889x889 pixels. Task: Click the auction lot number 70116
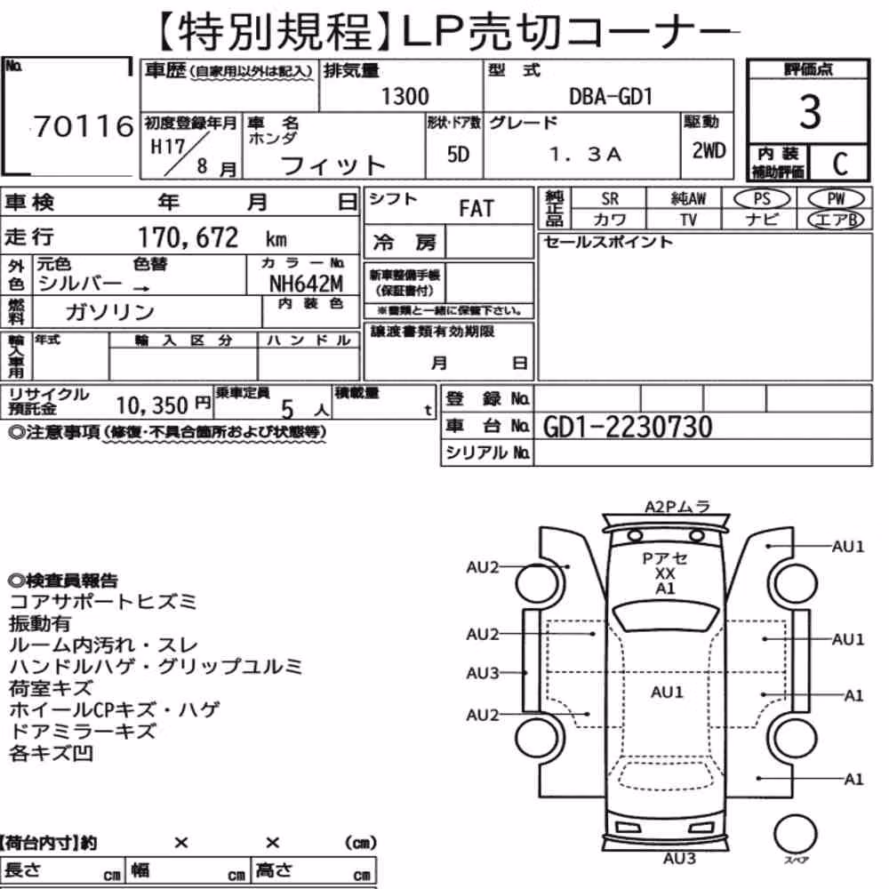(84, 126)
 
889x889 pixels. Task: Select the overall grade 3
(809, 112)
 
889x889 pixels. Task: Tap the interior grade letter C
(840, 164)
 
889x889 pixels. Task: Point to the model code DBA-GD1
(611, 97)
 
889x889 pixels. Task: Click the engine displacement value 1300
(404, 96)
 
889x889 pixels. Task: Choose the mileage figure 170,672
(188, 237)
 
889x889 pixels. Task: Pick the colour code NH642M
(306, 283)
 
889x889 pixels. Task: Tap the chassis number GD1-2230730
(628, 427)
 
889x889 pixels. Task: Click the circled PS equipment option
(762, 199)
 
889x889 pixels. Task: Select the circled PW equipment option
(836, 199)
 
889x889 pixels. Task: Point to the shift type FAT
(477, 209)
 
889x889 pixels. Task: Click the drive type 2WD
(709, 151)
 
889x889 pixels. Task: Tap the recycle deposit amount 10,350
(152, 405)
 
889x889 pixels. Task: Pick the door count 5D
(458, 154)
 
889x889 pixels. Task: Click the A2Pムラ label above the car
(677, 507)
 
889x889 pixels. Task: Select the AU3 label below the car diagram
(679, 859)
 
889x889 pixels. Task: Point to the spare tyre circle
(795, 835)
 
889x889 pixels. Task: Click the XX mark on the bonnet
(665, 573)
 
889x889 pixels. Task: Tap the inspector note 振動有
(40, 624)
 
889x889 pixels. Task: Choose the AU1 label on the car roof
(668, 693)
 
